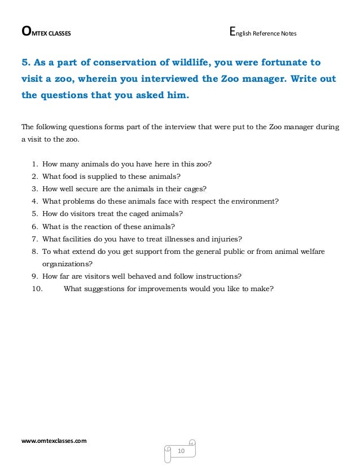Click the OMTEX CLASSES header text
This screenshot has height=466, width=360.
[x=46, y=33]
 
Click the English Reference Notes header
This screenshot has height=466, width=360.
[x=263, y=33]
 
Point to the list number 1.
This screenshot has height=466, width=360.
[x=35, y=164]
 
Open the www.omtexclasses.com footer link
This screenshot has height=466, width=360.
[x=54, y=440]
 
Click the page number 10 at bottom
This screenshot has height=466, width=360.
[x=182, y=451]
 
